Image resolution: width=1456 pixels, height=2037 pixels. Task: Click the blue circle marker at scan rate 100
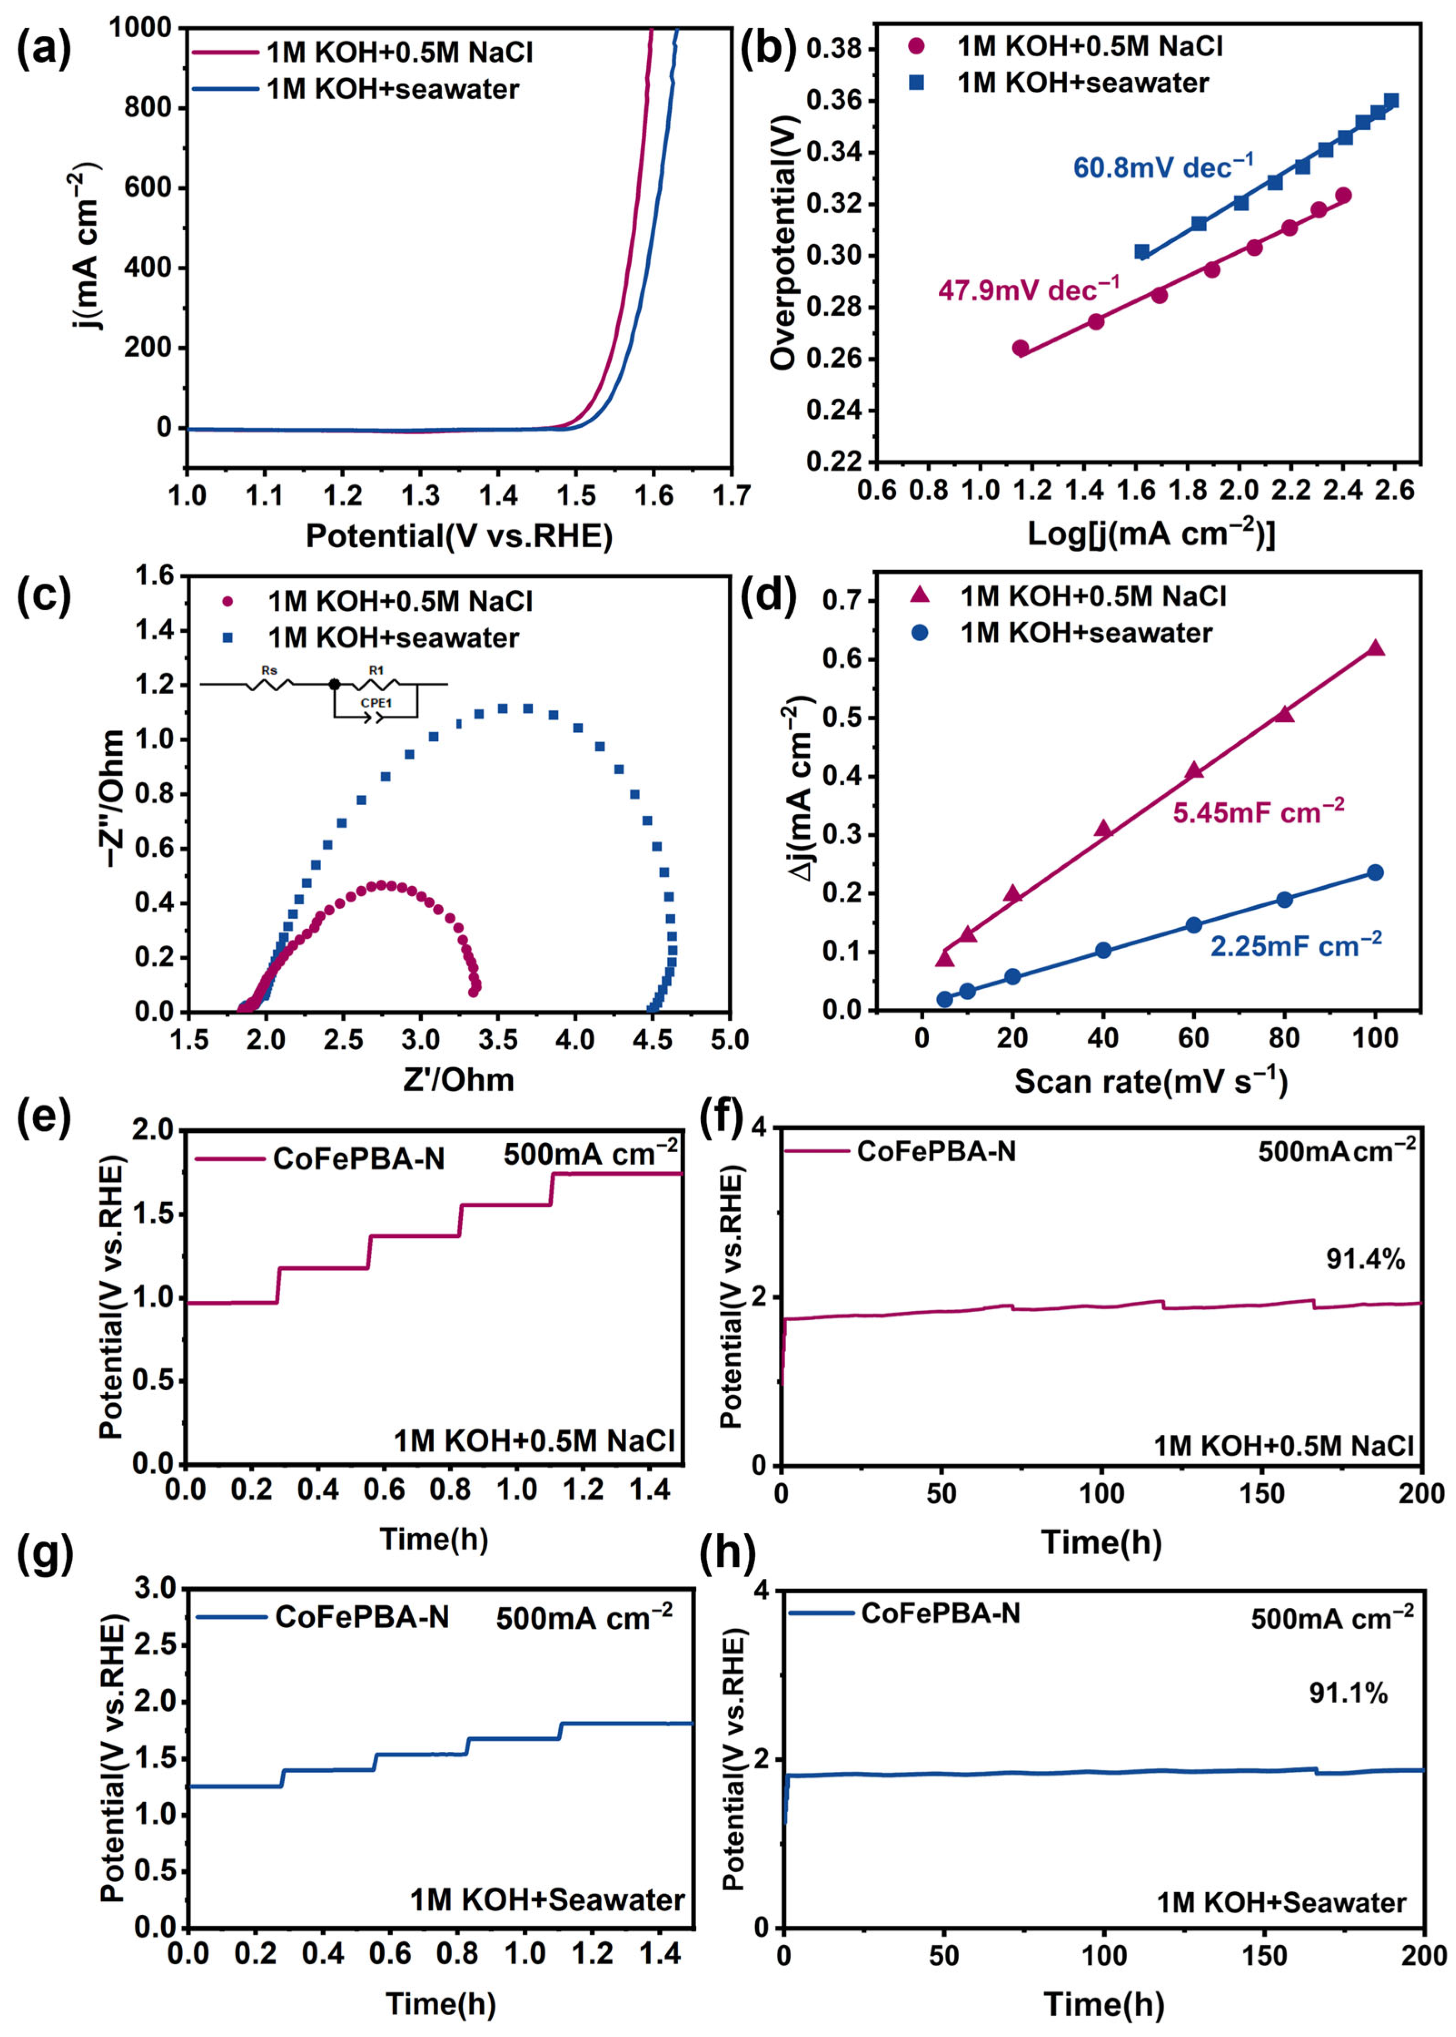[x=1374, y=872]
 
